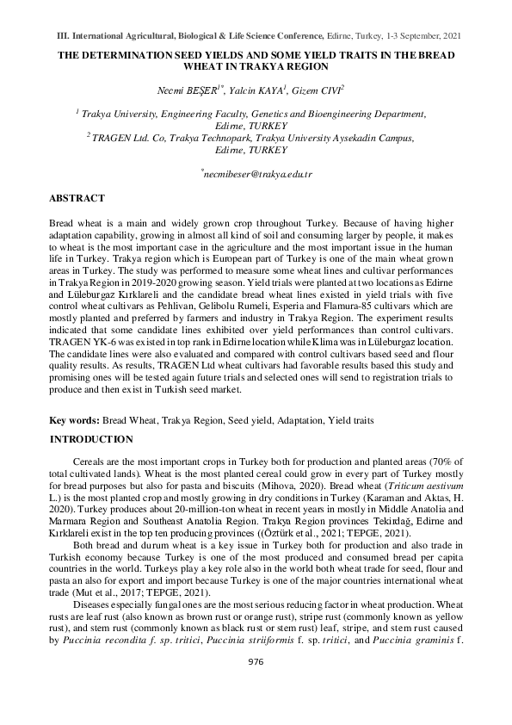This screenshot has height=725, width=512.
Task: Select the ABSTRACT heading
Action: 77,198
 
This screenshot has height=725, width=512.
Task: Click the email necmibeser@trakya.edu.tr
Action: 256,174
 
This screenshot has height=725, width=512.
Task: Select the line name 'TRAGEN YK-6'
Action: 81,342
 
